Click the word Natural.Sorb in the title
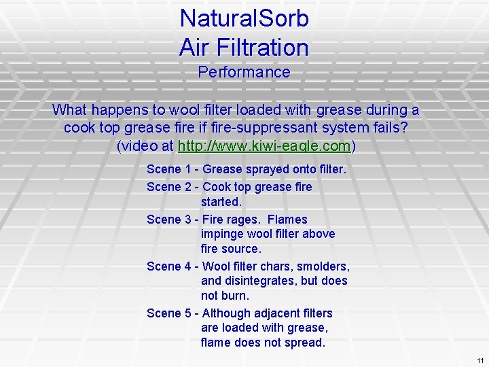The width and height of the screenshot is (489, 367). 244,18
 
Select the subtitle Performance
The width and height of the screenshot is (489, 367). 244,72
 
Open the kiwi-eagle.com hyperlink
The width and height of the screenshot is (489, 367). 264,145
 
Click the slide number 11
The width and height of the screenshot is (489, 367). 480,360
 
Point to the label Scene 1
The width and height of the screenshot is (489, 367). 168,169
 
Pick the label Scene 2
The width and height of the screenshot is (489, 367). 168,187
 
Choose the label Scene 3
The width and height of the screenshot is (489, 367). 168,220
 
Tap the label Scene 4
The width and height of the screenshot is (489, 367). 168,266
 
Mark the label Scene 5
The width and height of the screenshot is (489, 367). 168,313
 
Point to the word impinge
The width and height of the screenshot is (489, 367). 223,234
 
